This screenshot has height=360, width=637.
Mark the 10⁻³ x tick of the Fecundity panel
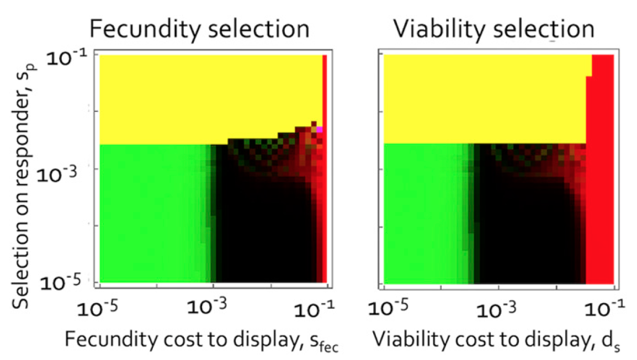point(213,308)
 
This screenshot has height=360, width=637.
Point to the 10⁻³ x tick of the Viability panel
point(498,308)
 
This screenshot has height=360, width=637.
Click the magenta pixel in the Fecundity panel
point(319,129)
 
